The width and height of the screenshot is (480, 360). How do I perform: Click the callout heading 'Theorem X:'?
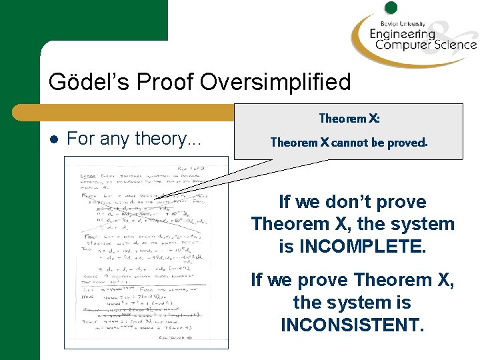tap(349, 119)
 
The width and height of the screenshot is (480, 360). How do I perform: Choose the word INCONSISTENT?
tap(353, 325)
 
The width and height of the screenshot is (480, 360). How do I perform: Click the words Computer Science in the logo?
tap(426, 45)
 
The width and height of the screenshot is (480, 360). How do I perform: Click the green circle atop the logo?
tap(391, 8)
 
